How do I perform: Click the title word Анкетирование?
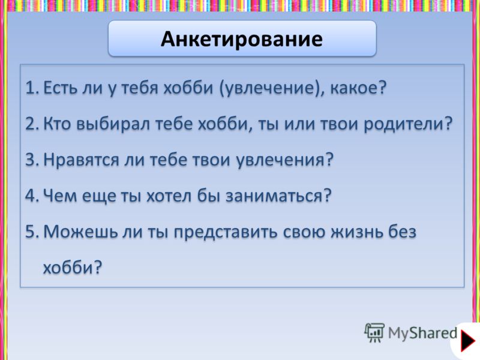242,39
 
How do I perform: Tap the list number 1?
32,88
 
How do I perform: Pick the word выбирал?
113,124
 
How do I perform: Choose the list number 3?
32,160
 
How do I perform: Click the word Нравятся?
81,160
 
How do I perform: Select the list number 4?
32,196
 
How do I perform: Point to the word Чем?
60,196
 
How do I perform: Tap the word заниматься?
278,196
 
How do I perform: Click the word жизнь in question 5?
356,232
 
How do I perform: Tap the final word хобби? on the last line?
72,267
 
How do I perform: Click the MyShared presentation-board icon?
374,332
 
